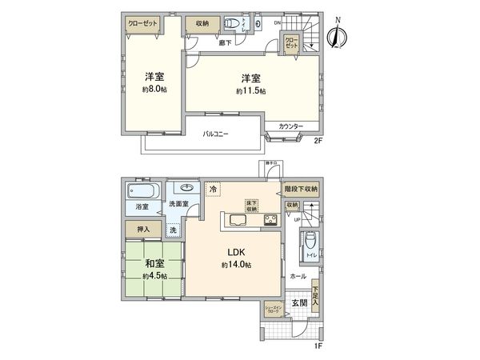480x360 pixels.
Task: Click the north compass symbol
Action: point(339,34)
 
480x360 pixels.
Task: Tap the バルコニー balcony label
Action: point(215,134)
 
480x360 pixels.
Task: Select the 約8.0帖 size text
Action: point(154,90)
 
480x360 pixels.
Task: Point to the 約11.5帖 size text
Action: point(250,91)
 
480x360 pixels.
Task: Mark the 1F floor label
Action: point(318,346)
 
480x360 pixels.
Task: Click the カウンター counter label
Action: point(291,127)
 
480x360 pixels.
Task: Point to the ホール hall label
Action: point(298,275)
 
